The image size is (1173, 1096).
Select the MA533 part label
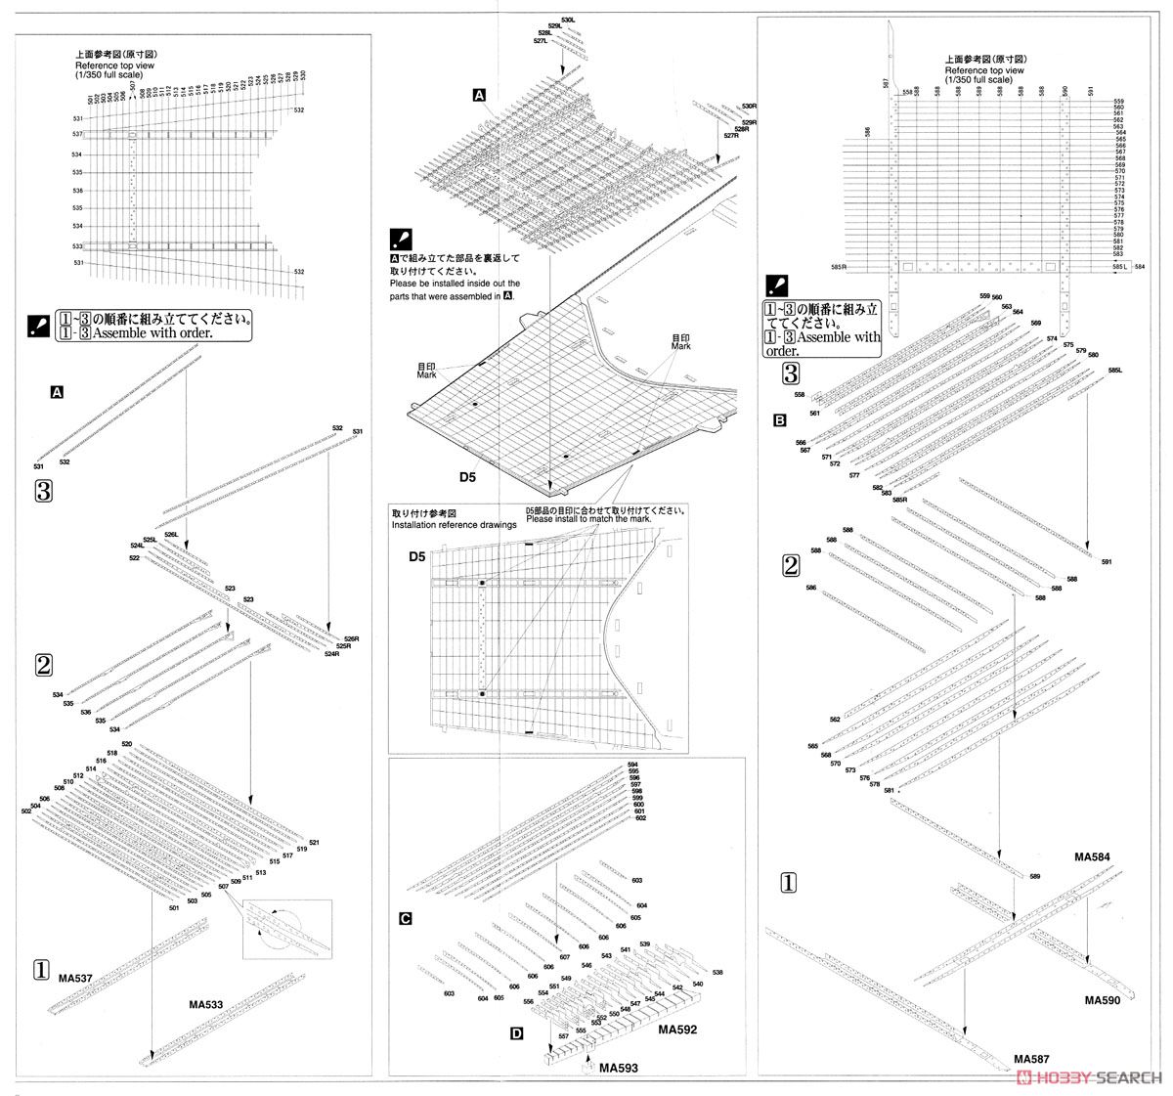(206, 1003)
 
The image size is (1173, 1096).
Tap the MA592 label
(676, 1030)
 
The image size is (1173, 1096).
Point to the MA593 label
(619, 1068)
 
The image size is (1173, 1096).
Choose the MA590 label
(1105, 1001)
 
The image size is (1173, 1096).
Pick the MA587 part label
(1033, 1058)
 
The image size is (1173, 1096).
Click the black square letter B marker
(779, 421)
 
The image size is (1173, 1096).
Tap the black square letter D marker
(515, 1031)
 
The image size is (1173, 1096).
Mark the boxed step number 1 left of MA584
(788, 883)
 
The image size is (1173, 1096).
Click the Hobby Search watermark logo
(1089, 1076)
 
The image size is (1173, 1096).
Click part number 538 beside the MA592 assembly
(717, 973)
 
